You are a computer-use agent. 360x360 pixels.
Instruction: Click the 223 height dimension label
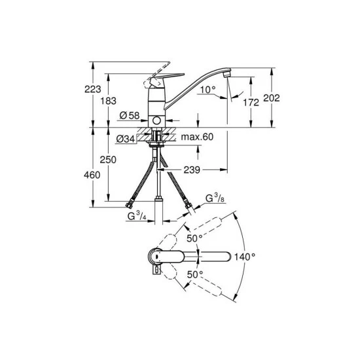click(93, 89)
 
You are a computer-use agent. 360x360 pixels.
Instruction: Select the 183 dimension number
click(109, 101)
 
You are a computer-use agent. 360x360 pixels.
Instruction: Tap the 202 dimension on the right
click(272, 98)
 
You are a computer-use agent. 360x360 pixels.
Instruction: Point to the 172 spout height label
click(251, 102)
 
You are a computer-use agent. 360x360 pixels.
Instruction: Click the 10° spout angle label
click(208, 90)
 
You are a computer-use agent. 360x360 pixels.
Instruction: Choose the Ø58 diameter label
click(130, 115)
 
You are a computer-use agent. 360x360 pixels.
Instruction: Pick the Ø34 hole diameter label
click(126, 139)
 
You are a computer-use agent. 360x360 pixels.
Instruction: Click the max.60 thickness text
click(197, 137)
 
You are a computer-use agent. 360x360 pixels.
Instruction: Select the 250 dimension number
click(108, 160)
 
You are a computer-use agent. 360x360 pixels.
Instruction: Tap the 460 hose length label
click(92, 175)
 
